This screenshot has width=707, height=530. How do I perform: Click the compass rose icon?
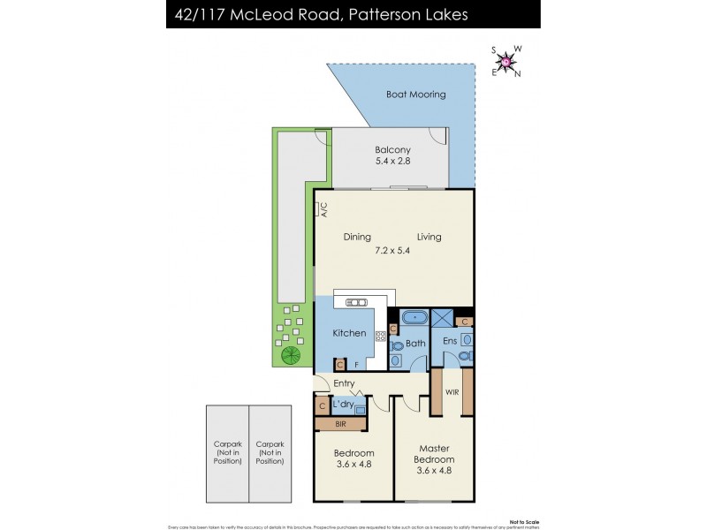(x=506, y=61)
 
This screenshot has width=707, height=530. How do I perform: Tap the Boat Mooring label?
(x=415, y=95)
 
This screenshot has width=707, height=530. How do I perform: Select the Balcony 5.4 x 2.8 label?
(x=393, y=155)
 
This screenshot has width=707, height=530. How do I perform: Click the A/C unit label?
(x=323, y=209)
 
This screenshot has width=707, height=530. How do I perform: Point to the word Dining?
(x=357, y=237)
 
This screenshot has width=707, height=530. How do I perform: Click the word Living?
(x=430, y=237)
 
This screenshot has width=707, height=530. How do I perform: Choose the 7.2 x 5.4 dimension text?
(x=393, y=251)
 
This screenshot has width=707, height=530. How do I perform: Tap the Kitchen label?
(x=349, y=333)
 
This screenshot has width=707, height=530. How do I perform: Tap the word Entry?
(x=344, y=383)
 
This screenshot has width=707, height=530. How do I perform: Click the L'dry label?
(x=343, y=405)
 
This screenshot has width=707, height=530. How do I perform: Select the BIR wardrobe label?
(x=340, y=425)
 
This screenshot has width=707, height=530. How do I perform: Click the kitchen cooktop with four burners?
(x=381, y=336)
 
